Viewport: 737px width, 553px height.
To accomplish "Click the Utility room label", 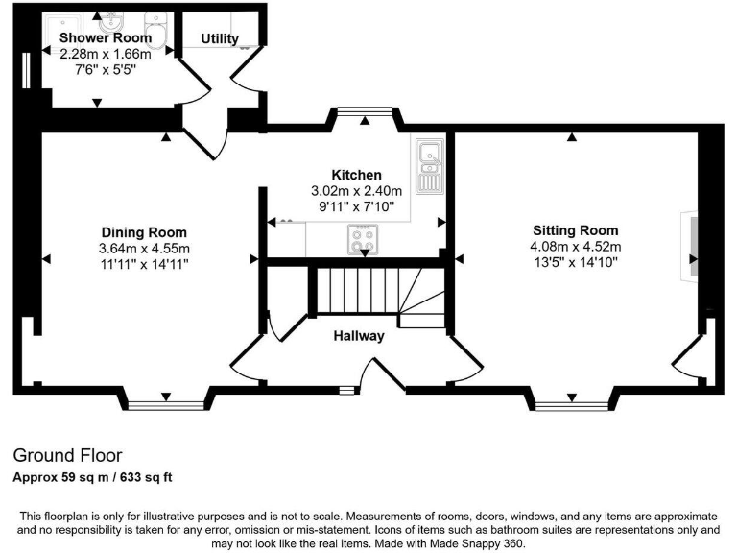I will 220,38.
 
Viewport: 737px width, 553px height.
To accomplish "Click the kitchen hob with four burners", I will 363,240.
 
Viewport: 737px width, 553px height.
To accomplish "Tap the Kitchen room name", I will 356,175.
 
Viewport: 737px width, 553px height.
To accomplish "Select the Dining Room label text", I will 144,232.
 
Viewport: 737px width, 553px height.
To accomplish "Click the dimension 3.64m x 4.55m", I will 144,248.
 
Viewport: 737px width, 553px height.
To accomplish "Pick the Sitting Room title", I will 576,230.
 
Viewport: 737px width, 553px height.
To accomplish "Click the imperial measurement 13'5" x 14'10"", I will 576,261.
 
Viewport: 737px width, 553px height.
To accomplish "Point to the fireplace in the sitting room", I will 690,246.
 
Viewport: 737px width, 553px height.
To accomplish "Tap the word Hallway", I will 359,336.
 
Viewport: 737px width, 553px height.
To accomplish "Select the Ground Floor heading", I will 67,455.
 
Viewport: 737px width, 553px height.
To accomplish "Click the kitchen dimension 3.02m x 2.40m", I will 356,190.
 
